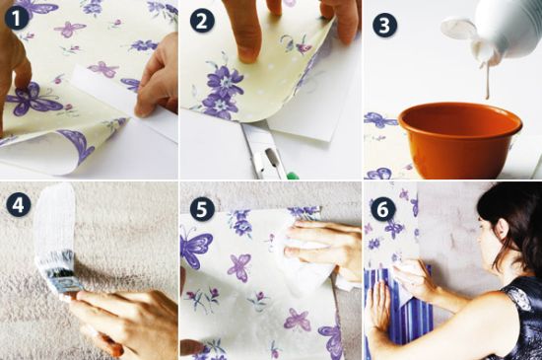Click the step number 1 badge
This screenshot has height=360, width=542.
[x=17, y=18]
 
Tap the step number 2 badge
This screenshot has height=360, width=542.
[x=202, y=20]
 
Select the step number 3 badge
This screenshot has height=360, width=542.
[x=384, y=25]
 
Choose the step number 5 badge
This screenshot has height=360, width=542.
[x=202, y=208]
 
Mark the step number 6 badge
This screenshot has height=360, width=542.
[x=382, y=208]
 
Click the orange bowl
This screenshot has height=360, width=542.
[x=460, y=140]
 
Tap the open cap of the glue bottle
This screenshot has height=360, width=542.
[x=459, y=29]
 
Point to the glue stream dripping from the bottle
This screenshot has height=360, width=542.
[x=488, y=80]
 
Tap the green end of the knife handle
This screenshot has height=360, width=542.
[x=293, y=176]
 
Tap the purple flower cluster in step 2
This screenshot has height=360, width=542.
[x=222, y=91]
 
